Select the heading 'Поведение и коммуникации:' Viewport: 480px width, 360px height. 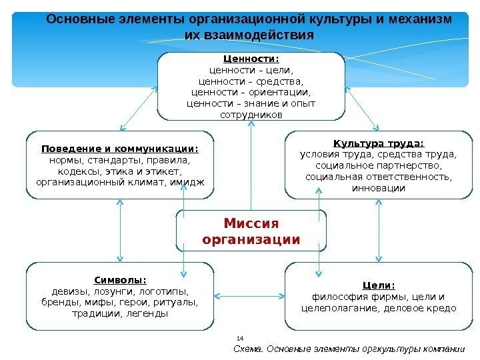pos(120,149)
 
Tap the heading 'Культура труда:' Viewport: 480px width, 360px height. pos(378,143)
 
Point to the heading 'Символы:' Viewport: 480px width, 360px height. pos(120,280)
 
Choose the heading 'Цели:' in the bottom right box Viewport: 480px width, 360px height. pos(378,285)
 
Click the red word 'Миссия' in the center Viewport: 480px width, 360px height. pos(251,223)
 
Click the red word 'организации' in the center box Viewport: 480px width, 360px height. pos(251,239)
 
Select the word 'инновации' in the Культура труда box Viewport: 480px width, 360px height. pos(378,189)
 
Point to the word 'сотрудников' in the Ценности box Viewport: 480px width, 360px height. pos(251,115)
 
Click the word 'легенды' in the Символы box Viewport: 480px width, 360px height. pos(146,314)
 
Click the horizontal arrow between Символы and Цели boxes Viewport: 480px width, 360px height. pos(250,294)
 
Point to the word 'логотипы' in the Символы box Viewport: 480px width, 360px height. pos(164,291)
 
